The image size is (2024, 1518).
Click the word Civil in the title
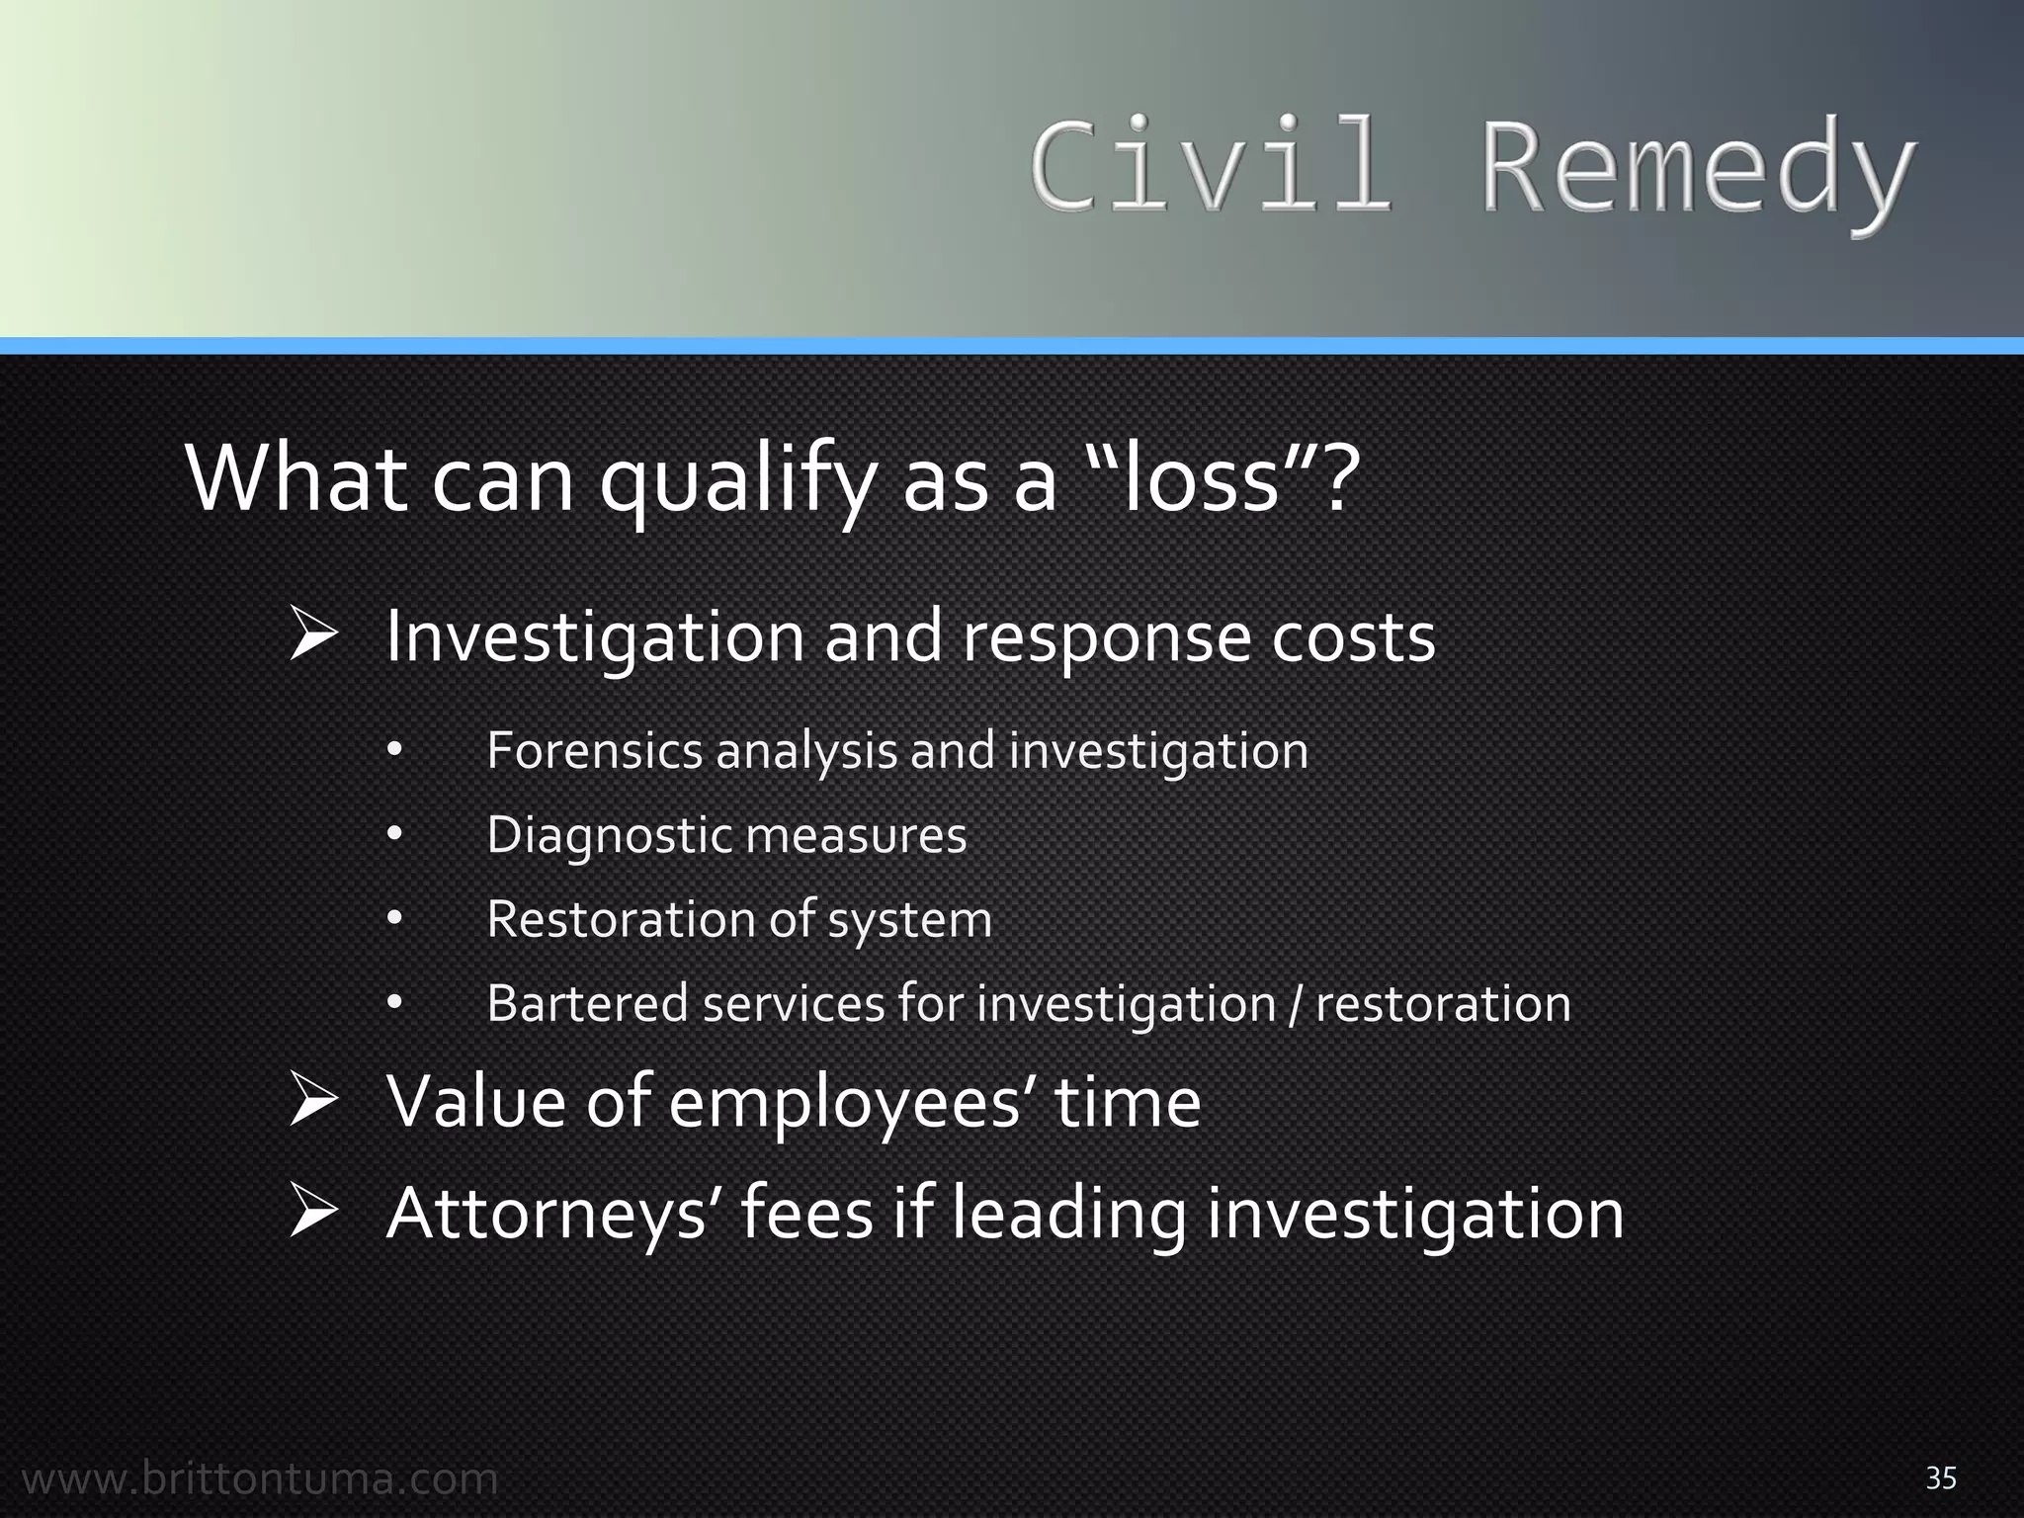tap(1211, 166)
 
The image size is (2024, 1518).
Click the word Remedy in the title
tap(1696, 168)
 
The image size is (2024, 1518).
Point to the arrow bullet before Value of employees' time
tap(315, 1102)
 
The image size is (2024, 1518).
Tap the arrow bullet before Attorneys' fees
tap(315, 1214)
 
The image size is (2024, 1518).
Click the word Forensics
tap(594, 751)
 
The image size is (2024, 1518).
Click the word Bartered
tap(587, 1004)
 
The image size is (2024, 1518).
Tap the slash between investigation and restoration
tap(1296, 1005)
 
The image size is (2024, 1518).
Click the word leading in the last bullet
tap(1068, 1216)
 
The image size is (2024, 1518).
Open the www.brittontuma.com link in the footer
tap(260, 1479)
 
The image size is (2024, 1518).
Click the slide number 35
tap(1941, 1478)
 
